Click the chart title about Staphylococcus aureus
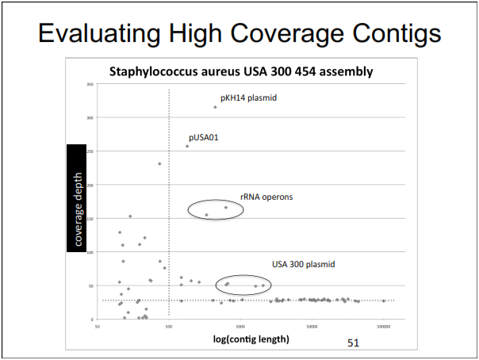click(241, 71)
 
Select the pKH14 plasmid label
click(249, 98)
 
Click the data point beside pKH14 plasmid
click(215, 107)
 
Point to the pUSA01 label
click(203, 137)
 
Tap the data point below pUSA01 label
click(187, 146)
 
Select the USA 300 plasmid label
click(304, 264)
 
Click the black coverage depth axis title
click(78, 198)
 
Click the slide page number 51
click(354, 343)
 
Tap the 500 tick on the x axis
click(169, 325)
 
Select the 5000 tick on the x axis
click(241, 325)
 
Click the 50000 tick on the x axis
click(312, 325)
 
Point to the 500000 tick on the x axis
click(384, 325)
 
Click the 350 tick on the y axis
click(90, 84)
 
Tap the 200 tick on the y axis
click(90, 185)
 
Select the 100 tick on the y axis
click(90, 252)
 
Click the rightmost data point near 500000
click(384, 301)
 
